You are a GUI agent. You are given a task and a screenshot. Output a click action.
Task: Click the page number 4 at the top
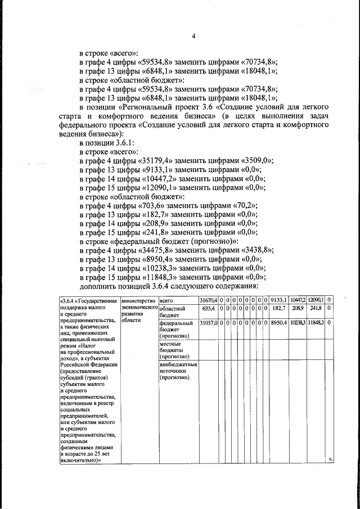tap(193, 37)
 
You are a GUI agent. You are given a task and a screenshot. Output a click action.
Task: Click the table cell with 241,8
tap(316, 308)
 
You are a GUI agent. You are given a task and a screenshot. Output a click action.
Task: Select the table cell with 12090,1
tap(316, 300)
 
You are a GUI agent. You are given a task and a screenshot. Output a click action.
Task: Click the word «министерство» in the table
tap(138, 300)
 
